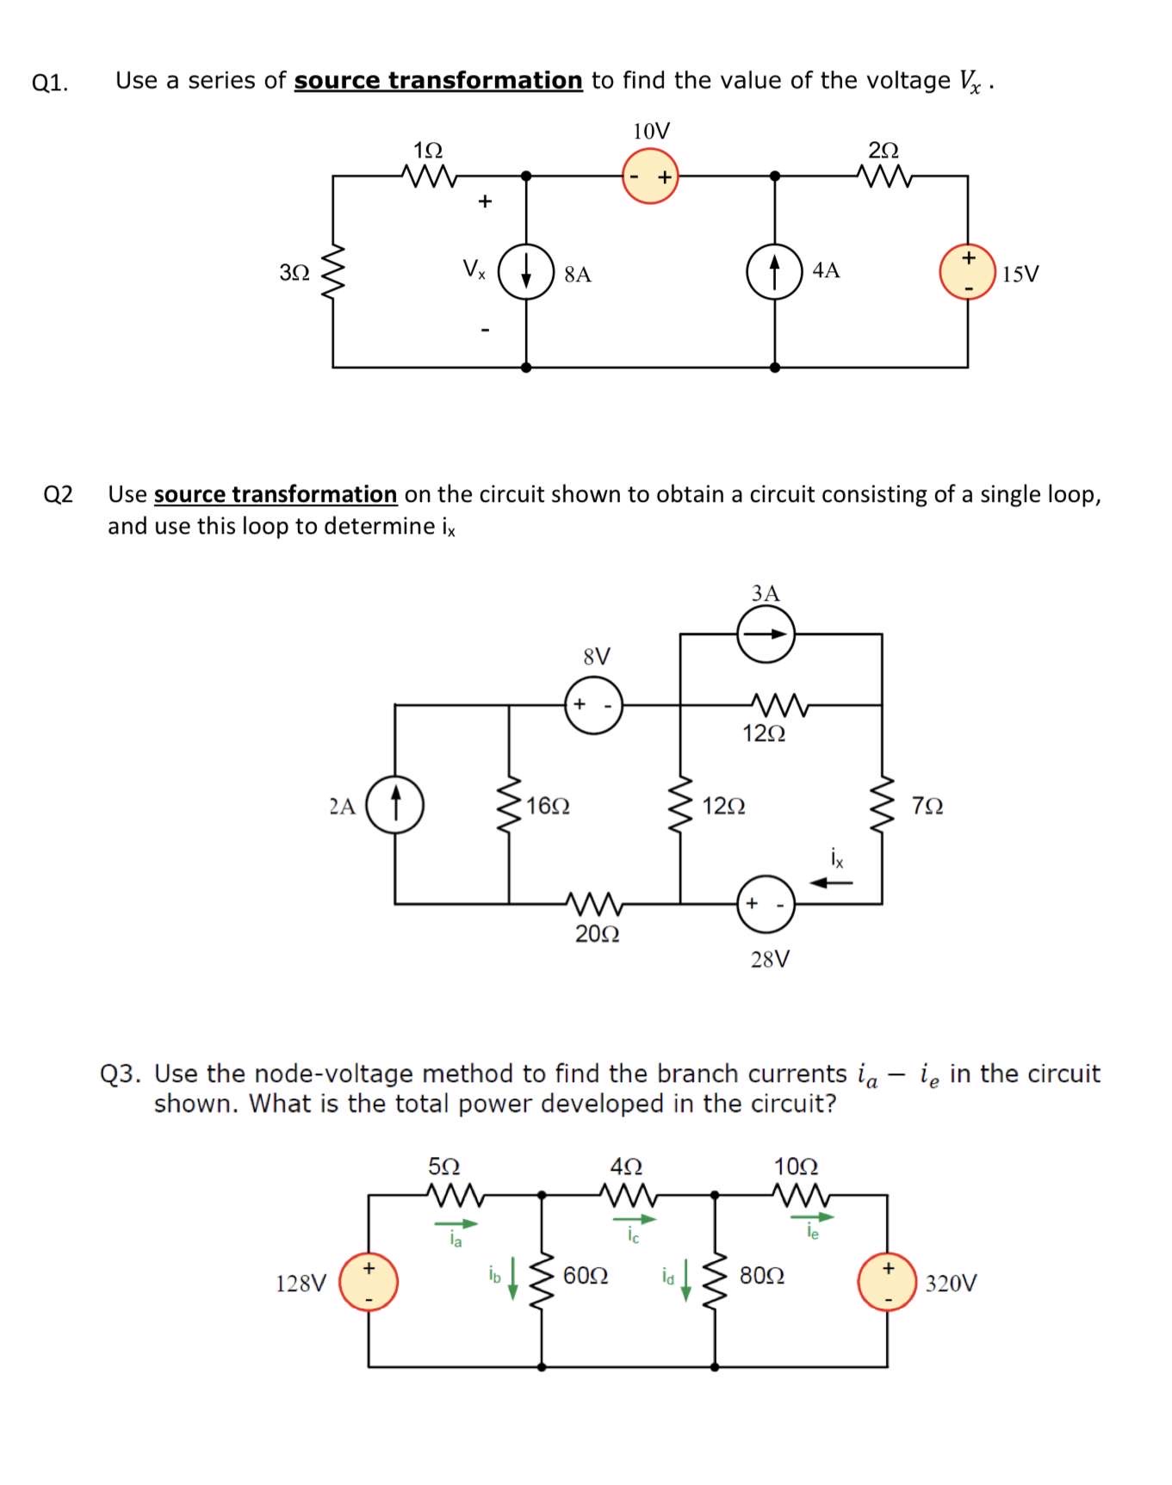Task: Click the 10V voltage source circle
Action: click(x=650, y=176)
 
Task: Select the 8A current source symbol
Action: click(x=526, y=272)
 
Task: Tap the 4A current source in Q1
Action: click(x=774, y=272)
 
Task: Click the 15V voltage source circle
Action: click(x=967, y=272)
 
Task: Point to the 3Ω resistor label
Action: click(x=294, y=273)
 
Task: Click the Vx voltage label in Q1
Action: click(x=474, y=269)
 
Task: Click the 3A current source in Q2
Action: click(x=766, y=634)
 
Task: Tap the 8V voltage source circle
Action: click(x=593, y=705)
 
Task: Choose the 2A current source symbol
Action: click(x=395, y=805)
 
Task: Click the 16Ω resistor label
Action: click(x=548, y=807)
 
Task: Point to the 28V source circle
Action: click(x=766, y=904)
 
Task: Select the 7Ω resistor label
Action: click(x=927, y=807)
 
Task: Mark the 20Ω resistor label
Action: click(x=597, y=934)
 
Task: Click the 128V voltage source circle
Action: click(x=369, y=1282)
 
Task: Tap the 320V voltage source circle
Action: click(x=887, y=1282)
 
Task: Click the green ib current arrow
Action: click(x=513, y=1278)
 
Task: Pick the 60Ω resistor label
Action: click(x=586, y=1275)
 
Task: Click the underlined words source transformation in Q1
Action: click(x=438, y=81)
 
